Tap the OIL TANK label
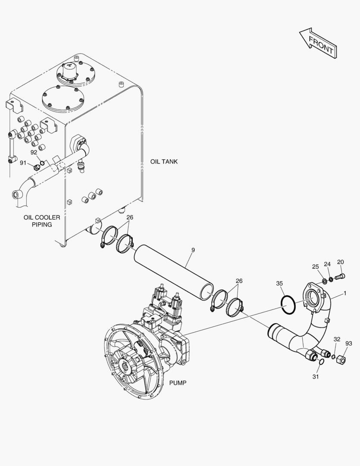click(x=164, y=162)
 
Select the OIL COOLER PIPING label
click(x=42, y=221)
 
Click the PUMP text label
click(x=178, y=383)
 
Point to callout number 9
click(x=193, y=250)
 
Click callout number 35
click(x=279, y=283)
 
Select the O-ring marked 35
click(x=288, y=305)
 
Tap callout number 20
click(x=341, y=262)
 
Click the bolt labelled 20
click(x=340, y=277)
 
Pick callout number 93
click(x=349, y=343)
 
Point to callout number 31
click(x=316, y=377)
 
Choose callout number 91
click(x=23, y=163)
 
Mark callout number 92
click(x=34, y=152)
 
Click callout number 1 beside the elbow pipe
click(x=345, y=293)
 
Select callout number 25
click(x=316, y=267)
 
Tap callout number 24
click(x=327, y=264)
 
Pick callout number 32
click(x=337, y=340)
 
